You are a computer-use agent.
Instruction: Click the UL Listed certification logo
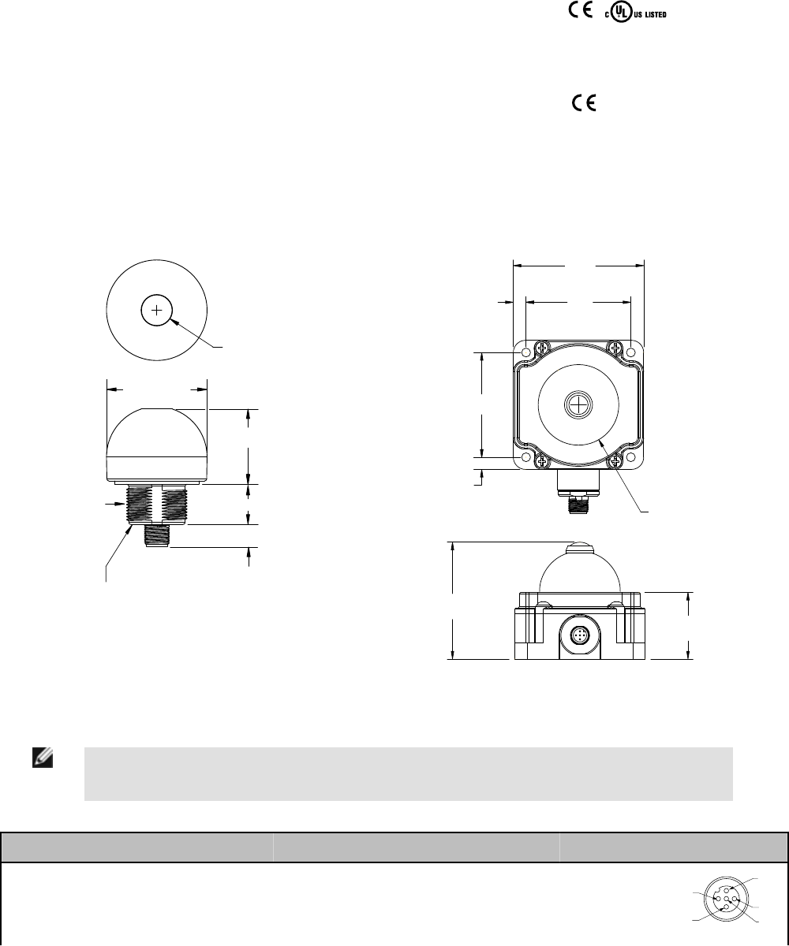635,13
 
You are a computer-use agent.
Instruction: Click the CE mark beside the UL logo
581,10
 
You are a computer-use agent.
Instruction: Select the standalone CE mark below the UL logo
584,102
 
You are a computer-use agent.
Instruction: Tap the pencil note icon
43,758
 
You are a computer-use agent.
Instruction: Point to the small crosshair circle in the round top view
156,311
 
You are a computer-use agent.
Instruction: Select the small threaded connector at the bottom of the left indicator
156,536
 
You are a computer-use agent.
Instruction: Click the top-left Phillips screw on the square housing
542,348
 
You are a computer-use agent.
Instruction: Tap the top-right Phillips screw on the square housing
615,348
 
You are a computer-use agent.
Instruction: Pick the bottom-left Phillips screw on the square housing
542,462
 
